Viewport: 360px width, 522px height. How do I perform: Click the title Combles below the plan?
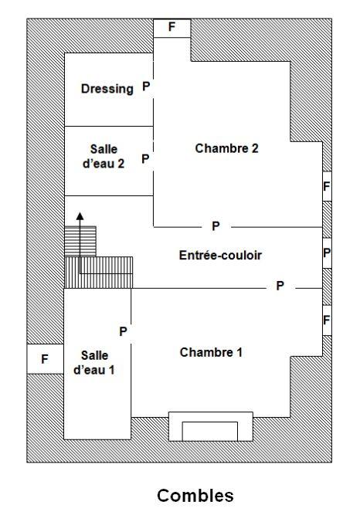(x=195, y=495)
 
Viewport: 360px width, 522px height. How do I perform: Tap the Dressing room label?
(x=107, y=89)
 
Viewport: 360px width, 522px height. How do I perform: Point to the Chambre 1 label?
(x=211, y=353)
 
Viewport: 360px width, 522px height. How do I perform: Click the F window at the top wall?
(x=172, y=27)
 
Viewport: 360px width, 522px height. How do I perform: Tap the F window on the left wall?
(x=45, y=359)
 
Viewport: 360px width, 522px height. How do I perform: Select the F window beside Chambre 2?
(x=327, y=186)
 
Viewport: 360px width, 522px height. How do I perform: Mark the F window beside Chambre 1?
(x=327, y=320)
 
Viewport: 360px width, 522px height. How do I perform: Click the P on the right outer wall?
(x=327, y=253)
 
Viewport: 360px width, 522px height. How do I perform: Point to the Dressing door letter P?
(x=145, y=88)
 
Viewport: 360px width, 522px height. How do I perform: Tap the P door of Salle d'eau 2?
(x=145, y=158)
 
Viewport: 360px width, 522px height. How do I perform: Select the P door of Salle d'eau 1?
(x=122, y=331)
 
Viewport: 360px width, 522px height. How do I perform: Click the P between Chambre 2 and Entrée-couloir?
(x=216, y=225)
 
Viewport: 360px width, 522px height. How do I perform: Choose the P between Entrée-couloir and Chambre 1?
(x=280, y=286)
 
